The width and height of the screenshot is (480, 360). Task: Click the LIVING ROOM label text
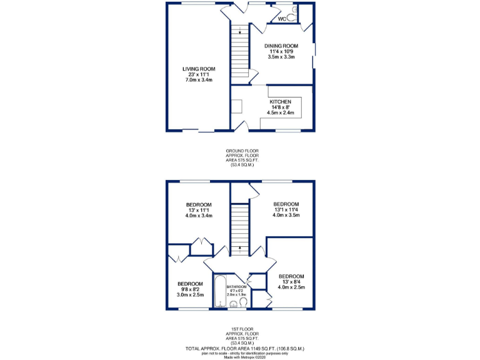199,69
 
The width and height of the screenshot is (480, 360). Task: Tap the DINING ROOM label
281,46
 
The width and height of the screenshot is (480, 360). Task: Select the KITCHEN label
280,102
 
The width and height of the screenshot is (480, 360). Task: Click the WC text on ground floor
281,19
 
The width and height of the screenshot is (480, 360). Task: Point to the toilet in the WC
294,11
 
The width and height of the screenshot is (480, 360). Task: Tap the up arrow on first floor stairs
239,249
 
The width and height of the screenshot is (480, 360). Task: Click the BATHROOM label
236,287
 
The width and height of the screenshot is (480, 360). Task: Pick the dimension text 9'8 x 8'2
189,289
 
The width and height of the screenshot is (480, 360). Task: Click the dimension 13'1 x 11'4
286,210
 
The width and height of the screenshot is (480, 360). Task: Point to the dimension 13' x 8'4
291,282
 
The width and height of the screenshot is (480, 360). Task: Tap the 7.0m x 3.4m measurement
199,80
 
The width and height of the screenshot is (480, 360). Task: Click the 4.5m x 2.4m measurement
280,113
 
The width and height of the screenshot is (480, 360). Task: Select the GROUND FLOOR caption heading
242,151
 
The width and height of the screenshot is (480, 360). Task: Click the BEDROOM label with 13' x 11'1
199,205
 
